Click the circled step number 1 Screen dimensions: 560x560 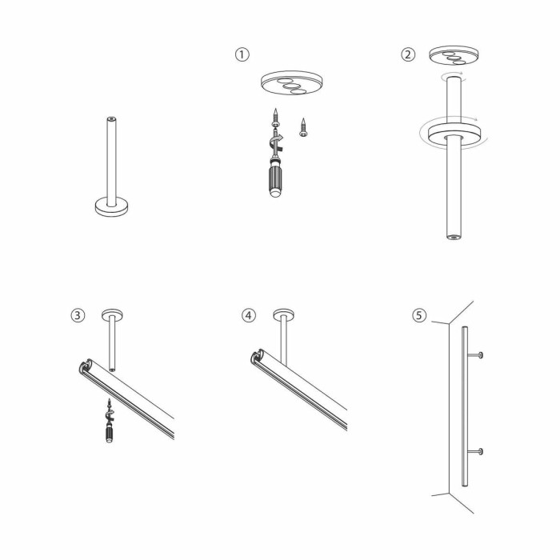(x=242, y=54)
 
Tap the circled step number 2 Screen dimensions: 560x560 (x=408, y=54)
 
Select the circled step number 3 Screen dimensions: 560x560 (x=78, y=314)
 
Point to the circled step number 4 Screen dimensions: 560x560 (x=250, y=314)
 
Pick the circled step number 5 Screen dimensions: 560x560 (x=419, y=314)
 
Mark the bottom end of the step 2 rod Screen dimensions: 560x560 (x=454, y=236)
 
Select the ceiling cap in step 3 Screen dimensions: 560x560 (x=110, y=313)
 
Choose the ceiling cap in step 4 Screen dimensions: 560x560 (x=283, y=313)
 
